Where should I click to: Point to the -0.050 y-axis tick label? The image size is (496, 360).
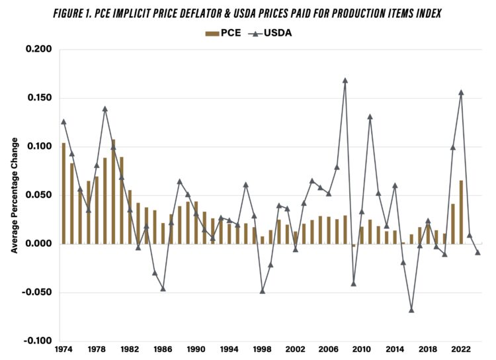(38, 292)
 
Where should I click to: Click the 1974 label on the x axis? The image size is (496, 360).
(63, 349)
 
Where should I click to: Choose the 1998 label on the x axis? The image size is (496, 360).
(263, 349)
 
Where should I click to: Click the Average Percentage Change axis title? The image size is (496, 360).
(15, 195)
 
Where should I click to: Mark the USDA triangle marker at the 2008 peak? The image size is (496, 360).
(345, 81)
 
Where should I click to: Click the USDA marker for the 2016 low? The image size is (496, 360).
(411, 310)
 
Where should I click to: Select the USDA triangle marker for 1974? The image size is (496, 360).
(63, 122)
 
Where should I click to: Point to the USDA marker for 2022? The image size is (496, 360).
(461, 93)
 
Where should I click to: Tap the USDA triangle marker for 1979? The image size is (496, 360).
(104, 109)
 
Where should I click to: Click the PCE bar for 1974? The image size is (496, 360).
(63, 193)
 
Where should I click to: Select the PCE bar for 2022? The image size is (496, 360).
(461, 212)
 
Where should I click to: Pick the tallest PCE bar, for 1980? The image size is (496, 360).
(113, 191)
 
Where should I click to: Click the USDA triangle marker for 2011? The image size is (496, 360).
(370, 117)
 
